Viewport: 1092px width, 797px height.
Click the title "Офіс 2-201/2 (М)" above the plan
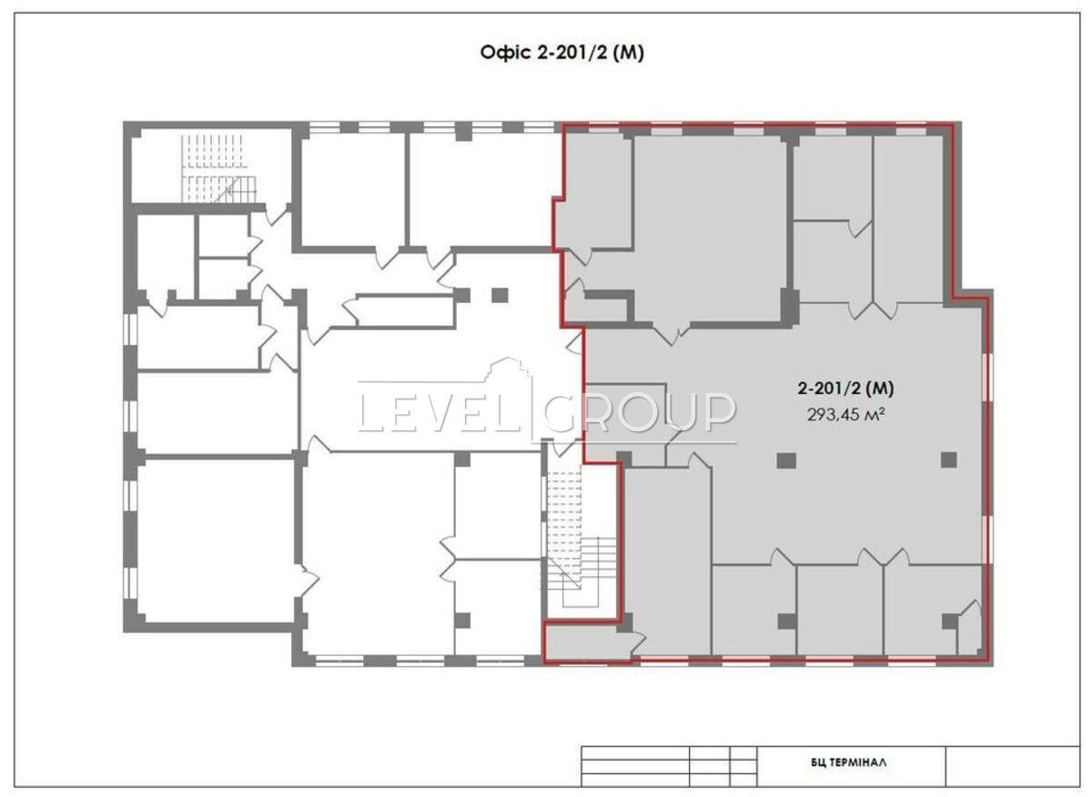(x=561, y=53)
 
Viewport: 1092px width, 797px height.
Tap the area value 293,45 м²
(x=845, y=415)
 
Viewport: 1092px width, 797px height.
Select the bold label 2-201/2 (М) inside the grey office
(x=845, y=388)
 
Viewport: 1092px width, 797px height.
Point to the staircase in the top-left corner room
(x=218, y=168)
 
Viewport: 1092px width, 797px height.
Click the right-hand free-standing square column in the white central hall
(x=500, y=296)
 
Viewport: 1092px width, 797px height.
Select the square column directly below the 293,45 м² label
(x=786, y=460)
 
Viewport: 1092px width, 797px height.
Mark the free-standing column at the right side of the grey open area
(x=948, y=459)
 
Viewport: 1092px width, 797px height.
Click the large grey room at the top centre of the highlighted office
(x=710, y=229)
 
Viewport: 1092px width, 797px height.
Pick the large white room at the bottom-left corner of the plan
(x=217, y=541)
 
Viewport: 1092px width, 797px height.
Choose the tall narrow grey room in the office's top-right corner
(x=908, y=219)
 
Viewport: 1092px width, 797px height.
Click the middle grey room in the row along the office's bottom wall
(x=840, y=610)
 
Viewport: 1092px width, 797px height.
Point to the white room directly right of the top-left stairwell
(x=353, y=190)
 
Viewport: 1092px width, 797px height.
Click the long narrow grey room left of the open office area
(x=667, y=560)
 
